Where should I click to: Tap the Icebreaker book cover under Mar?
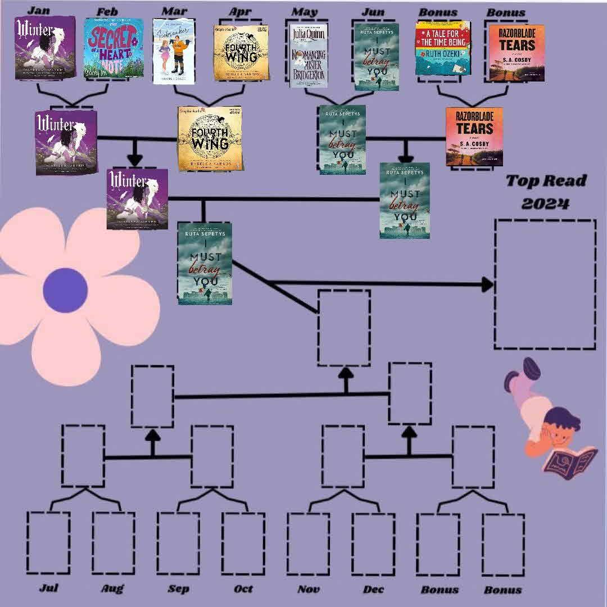tap(174, 51)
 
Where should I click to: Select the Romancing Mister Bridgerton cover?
tap(307, 55)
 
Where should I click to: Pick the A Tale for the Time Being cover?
tap(442, 48)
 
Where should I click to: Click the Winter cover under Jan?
tap(45, 48)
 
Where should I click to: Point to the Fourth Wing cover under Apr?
tap(241, 52)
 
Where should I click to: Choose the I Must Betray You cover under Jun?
tap(376, 56)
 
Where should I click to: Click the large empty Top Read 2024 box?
tap(545, 284)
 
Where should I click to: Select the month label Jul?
tap(49, 588)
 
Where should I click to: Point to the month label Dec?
tap(374, 588)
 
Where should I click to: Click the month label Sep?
tap(178, 588)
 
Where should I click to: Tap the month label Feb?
tap(107, 11)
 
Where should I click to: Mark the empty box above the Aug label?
tap(114, 543)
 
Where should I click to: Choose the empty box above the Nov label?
tap(308, 543)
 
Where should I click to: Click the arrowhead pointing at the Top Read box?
tap(487, 284)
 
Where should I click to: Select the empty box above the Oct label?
tap(243, 543)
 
